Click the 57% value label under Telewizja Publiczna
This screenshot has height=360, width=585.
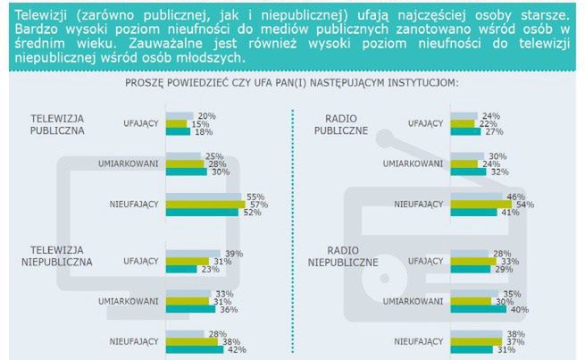[x=257, y=205]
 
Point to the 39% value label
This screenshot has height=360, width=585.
[x=234, y=254]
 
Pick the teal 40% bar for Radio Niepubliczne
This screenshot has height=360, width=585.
[x=479, y=309]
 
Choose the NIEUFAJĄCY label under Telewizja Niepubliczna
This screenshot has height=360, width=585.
[x=134, y=341]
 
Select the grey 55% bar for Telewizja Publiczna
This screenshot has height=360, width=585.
[x=203, y=197]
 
